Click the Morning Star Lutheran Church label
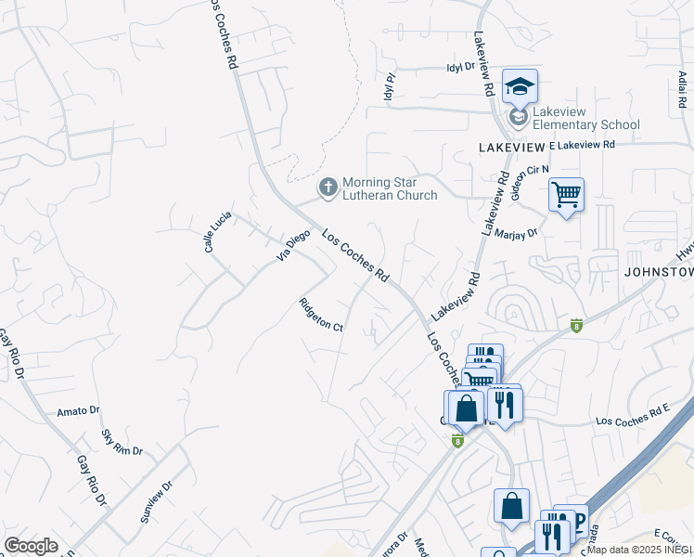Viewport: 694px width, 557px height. pyautogui.click(x=390, y=188)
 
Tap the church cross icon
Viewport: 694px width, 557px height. pyautogui.click(x=328, y=188)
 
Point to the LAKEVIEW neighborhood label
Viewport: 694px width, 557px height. pyautogui.click(x=511, y=148)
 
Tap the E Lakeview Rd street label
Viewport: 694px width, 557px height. pyautogui.click(x=582, y=145)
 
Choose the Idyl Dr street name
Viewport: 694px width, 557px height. pyautogui.click(x=460, y=67)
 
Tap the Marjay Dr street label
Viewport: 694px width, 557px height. pyautogui.click(x=516, y=234)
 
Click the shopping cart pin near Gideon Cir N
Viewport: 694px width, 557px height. pyautogui.click(x=566, y=196)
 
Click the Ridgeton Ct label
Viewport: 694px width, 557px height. pyautogui.click(x=321, y=314)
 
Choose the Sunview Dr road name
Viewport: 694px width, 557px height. pyautogui.click(x=157, y=501)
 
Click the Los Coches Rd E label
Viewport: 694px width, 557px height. pyautogui.click(x=632, y=415)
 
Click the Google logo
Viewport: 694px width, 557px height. pyautogui.click(x=31, y=546)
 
